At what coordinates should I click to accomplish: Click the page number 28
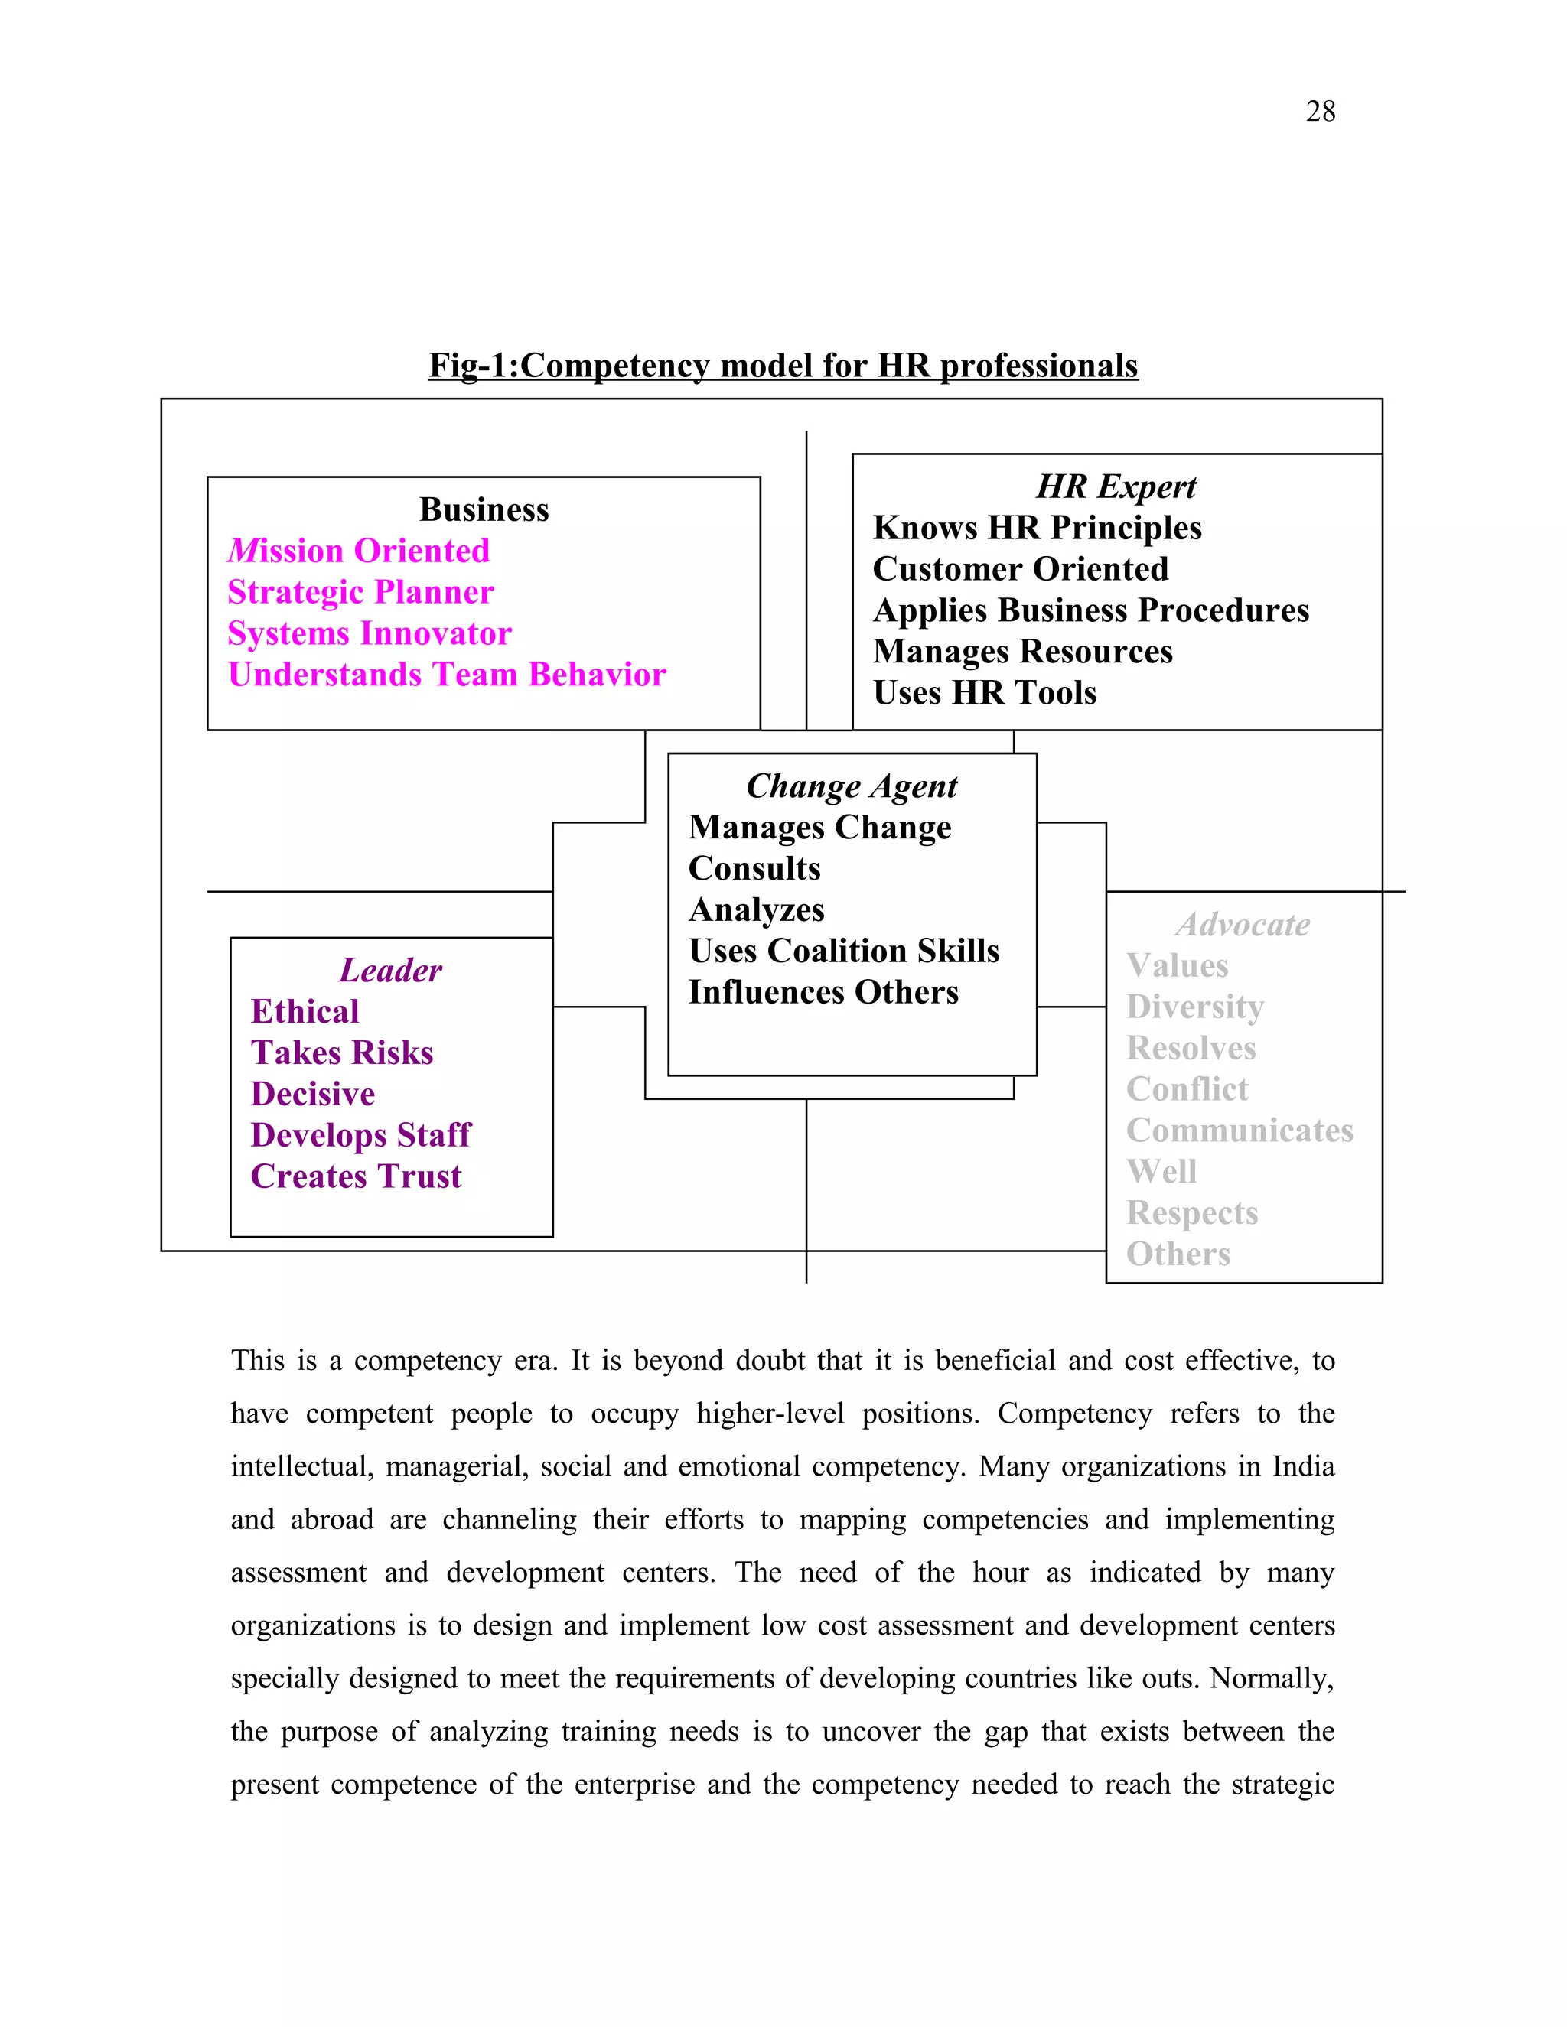click(1319, 112)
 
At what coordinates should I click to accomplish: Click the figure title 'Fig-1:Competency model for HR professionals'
click(783, 366)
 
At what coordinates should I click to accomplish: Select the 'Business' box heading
click(484, 509)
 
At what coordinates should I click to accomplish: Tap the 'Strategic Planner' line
click(360, 592)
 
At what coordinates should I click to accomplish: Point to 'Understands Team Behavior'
click(447, 675)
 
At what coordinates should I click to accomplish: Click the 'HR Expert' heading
click(1116, 486)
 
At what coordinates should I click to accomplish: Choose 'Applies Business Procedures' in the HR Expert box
click(1091, 610)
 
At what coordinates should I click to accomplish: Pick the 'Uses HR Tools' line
click(984, 693)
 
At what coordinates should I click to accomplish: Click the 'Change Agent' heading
click(852, 786)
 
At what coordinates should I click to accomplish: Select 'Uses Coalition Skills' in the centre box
click(844, 952)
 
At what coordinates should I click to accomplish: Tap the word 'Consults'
click(754, 869)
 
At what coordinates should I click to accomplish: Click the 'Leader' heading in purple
click(390, 971)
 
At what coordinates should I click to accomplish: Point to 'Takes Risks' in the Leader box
click(341, 1053)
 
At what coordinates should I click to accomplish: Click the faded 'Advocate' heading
click(1242, 925)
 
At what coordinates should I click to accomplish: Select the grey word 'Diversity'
click(1194, 1007)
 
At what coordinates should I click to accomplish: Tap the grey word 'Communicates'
click(1240, 1131)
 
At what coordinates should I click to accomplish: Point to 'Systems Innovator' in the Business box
click(370, 634)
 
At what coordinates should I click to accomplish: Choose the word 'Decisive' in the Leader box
click(313, 1095)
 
